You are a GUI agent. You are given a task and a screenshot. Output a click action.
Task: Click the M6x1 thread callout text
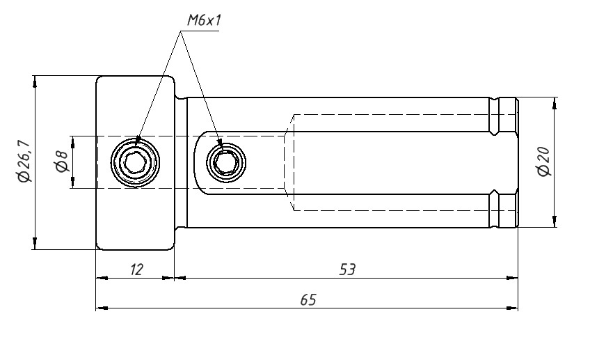coord(204,20)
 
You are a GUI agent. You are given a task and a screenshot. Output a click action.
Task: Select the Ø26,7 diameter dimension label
coord(24,162)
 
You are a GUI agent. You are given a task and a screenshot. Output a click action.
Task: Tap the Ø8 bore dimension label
coord(61,162)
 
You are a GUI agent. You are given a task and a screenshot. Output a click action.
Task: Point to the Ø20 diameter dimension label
coord(543,162)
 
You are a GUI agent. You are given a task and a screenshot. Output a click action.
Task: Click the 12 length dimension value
coord(136,269)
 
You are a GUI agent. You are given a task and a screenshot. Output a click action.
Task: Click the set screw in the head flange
coord(135,162)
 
